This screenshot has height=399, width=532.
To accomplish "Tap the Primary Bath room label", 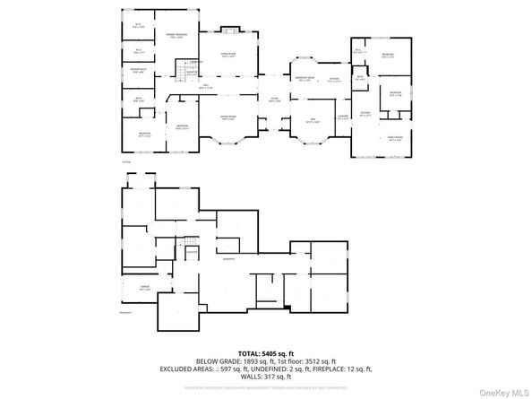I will point(139,71).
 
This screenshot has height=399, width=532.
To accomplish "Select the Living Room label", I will point(228,55).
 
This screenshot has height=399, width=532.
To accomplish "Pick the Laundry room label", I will point(342,116).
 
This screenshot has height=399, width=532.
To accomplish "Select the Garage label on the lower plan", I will point(144,289).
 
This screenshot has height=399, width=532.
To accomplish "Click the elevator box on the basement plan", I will point(192,253).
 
